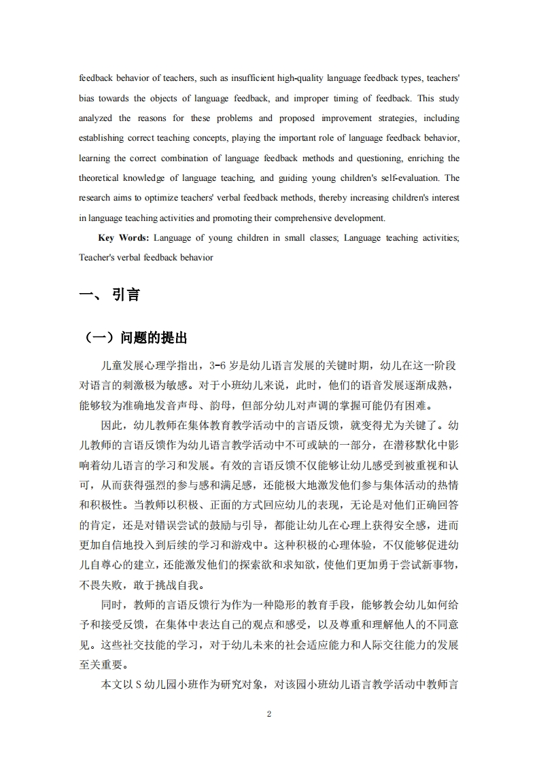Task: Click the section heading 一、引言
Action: pyautogui.click(x=109, y=295)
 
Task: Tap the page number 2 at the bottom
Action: pyautogui.click(x=269, y=714)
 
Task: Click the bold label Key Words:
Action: pyautogui.click(x=124, y=238)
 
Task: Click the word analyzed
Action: pyautogui.click(x=96, y=118)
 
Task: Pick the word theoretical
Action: pyautogui.click(x=101, y=178)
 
